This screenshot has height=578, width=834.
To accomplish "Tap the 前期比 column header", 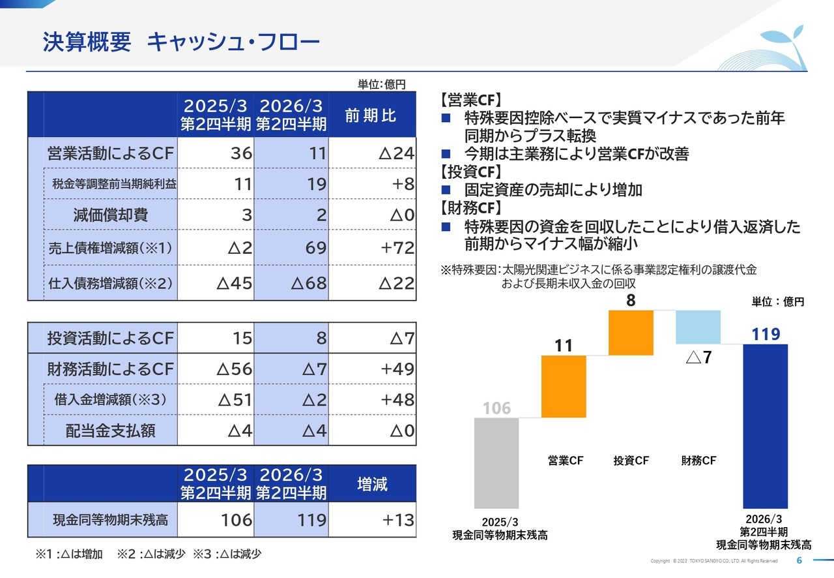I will (x=371, y=116).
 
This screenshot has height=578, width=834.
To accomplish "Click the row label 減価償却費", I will (x=111, y=215).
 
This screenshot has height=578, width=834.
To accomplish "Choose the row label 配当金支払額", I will (x=111, y=431).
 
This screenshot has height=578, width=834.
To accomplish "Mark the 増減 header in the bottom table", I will (x=372, y=484).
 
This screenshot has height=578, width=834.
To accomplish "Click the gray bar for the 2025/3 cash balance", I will (x=496, y=463).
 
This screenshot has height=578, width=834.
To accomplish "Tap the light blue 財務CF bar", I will (x=698, y=327).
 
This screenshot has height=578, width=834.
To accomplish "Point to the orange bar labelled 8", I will (x=631, y=333).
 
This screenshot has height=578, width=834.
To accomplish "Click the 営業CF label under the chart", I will (x=565, y=461).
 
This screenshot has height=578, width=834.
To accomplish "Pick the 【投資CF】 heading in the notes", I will (x=470, y=172).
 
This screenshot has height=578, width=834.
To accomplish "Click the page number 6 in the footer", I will (x=799, y=561).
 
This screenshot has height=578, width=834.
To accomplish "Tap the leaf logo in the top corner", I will (x=776, y=49).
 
